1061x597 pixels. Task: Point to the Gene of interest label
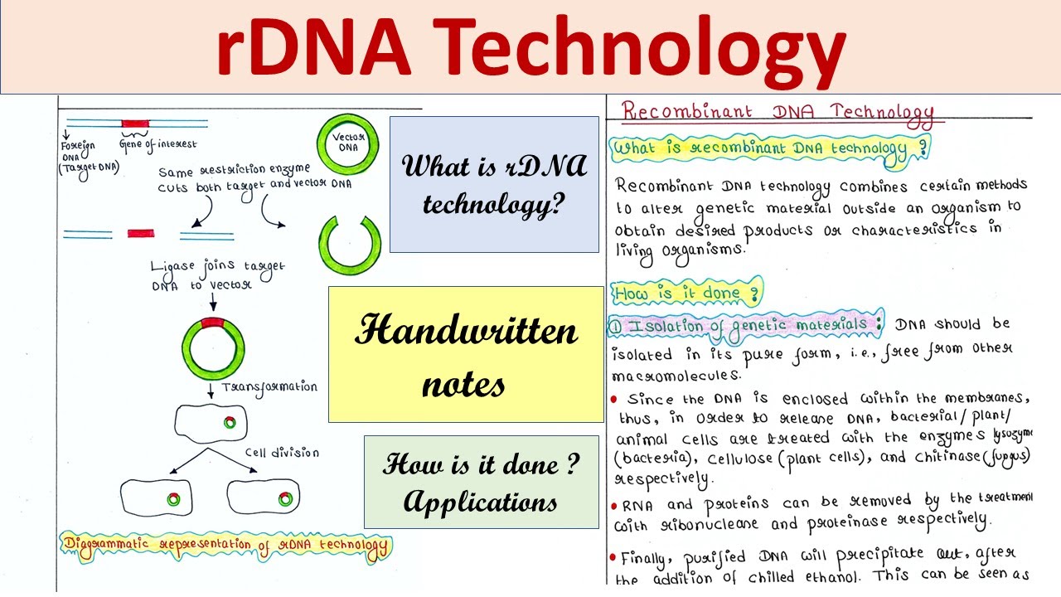158,144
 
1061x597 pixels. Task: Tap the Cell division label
281,453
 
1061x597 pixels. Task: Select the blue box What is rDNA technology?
494,184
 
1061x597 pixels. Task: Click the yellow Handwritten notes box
466,355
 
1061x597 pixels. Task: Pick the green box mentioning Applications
481,482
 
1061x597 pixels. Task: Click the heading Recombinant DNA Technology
778,112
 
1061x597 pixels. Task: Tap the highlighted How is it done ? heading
686,292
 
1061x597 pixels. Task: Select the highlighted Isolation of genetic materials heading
746,325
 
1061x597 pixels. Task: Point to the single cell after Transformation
211,423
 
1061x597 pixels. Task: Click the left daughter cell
157,498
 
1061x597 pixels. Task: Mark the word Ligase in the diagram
173,267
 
